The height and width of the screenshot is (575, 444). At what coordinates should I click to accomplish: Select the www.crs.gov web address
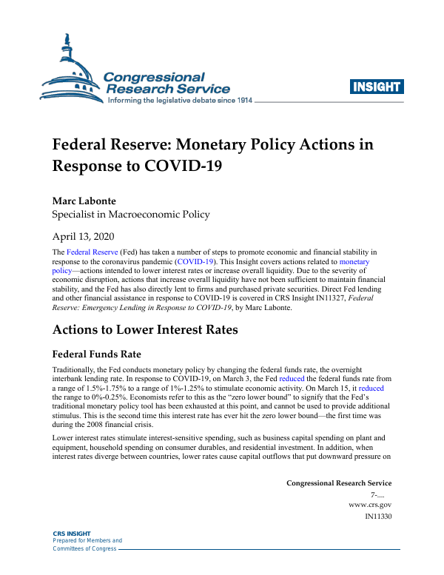370,504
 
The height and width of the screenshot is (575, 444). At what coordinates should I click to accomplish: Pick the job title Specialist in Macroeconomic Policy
130,215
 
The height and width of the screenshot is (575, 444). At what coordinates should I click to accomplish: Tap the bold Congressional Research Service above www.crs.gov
339,483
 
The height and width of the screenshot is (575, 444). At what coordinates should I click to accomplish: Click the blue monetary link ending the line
354,262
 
